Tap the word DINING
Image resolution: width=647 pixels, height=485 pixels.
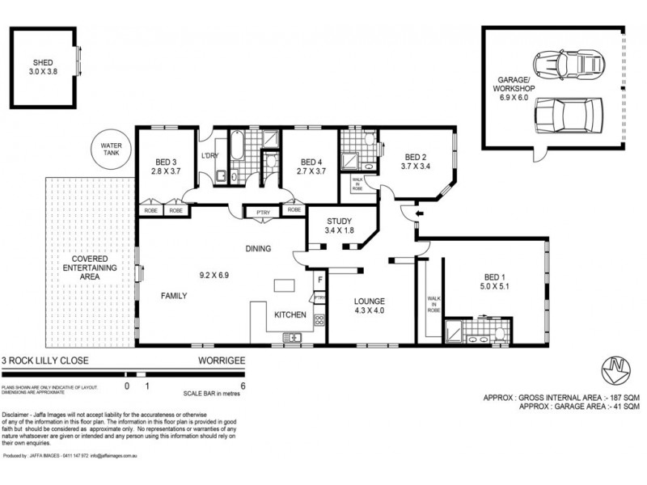(x=258, y=248)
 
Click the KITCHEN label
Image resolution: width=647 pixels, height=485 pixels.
(x=289, y=314)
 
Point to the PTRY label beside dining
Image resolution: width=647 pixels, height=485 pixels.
(x=260, y=212)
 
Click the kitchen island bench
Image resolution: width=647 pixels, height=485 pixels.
(x=285, y=287)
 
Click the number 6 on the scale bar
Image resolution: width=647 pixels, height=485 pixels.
(x=243, y=386)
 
